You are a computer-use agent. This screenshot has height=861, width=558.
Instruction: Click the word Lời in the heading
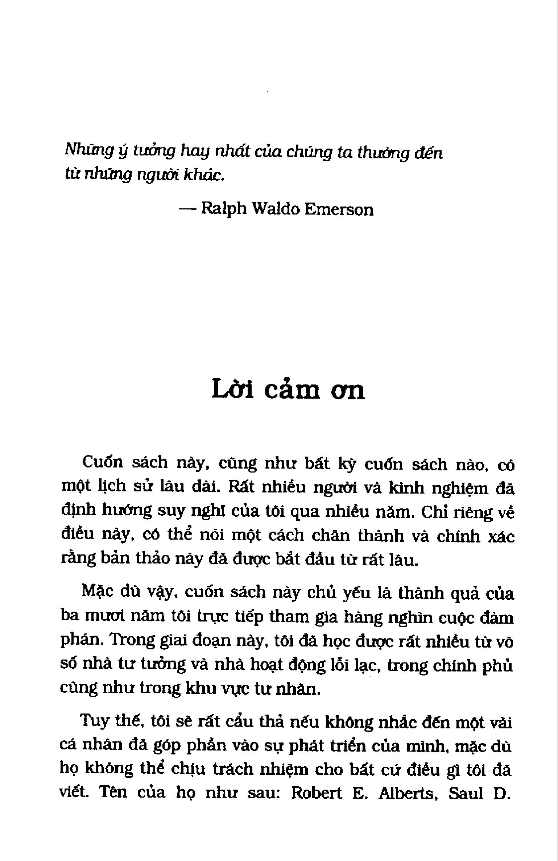pos(233,390)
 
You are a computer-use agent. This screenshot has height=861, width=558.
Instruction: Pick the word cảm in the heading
pos(292,391)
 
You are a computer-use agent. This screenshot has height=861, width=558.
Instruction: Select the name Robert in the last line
pos(317,793)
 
